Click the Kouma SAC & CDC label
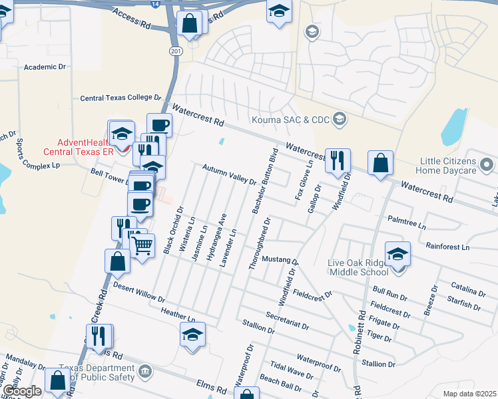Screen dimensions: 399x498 [289, 120]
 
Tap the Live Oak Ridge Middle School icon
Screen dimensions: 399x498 [398, 255]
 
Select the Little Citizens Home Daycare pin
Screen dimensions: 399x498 [488, 163]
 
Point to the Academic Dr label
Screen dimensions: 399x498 [45, 67]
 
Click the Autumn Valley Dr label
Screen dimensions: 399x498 [229, 175]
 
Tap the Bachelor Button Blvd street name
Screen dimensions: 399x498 [264, 181]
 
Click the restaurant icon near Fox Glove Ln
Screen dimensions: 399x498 [338, 160]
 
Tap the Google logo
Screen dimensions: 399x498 [21, 391]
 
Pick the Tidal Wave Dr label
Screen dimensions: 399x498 [292, 370]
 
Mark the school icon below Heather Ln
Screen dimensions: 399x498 [192, 334]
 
